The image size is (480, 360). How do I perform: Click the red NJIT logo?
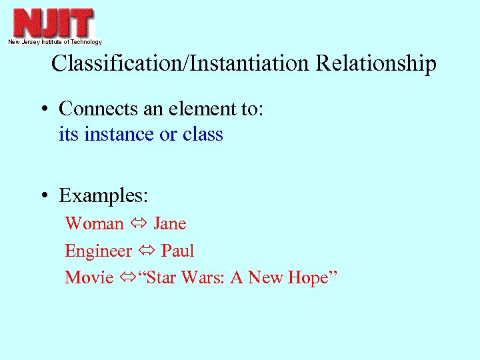click(x=54, y=22)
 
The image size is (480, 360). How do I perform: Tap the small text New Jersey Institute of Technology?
click(x=55, y=42)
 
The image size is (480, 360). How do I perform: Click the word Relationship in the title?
click(x=376, y=64)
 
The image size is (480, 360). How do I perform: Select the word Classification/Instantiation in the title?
click(x=181, y=64)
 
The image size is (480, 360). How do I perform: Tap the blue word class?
click(x=203, y=134)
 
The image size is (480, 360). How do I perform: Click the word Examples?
click(x=103, y=196)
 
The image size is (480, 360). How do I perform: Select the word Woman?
click(x=94, y=223)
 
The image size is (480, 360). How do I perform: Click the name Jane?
click(x=169, y=223)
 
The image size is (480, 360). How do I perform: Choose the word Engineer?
click(x=99, y=251)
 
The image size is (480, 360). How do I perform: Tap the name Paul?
click(x=178, y=251)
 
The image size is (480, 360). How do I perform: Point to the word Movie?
click(x=89, y=277)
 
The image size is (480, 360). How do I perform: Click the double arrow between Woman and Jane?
click(x=139, y=224)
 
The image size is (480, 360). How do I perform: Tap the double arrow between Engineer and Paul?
click(x=147, y=251)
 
